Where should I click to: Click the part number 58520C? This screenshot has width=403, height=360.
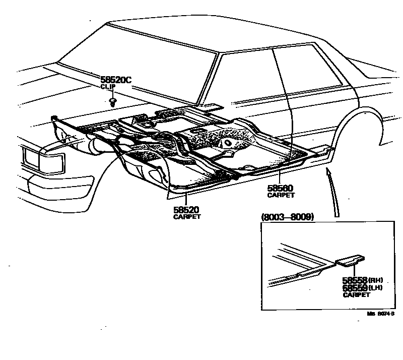[x=116, y=80]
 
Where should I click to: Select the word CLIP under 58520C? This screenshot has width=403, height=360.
[x=108, y=87]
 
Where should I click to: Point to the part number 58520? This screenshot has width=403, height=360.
[x=186, y=210]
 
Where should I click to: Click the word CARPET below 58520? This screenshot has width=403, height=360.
[x=187, y=217]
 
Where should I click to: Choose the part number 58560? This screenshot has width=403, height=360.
[x=281, y=188]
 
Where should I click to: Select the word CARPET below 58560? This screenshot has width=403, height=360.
[x=281, y=195]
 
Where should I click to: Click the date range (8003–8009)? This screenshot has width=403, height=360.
[x=288, y=217]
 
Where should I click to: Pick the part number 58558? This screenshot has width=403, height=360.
[x=355, y=280]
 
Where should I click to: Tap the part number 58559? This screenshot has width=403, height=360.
[x=355, y=287]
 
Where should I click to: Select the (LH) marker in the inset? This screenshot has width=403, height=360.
[x=376, y=287]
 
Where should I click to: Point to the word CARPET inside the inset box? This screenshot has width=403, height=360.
[x=355, y=294]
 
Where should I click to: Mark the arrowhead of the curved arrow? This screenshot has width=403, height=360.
[x=329, y=173]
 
